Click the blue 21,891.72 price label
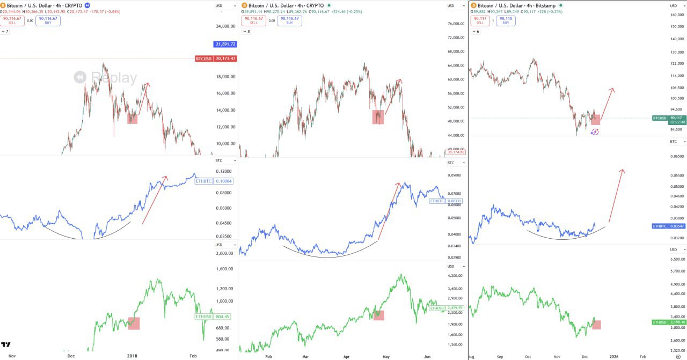(225, 44)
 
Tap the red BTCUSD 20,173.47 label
(216, 58)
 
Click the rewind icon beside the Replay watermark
(81, 78)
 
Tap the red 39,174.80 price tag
(456, 152)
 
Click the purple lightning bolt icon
(595, 132)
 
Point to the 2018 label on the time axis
(132, 356)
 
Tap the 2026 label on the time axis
(614, 356)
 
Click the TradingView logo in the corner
(6, 344)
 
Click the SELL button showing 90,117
(480, 20)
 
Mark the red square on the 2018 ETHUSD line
(134, 323)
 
